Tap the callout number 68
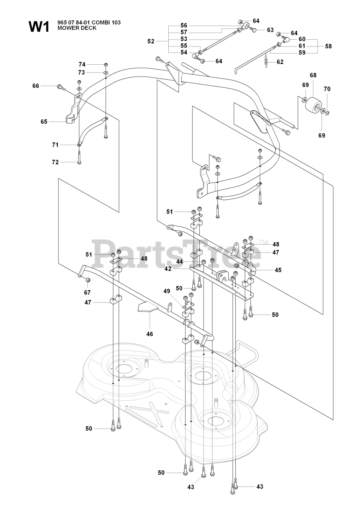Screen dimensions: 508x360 (313, 75)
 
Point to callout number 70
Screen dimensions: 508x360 (327, 89)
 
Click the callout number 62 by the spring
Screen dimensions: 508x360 (281, 62)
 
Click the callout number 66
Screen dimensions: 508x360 (36, 86)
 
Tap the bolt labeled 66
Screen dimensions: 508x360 (60, 87)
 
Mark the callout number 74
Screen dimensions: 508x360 (82, 64)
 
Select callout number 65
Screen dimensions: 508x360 (44, 122)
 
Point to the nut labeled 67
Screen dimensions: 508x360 (88, 281)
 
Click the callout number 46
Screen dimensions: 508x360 (150, 334)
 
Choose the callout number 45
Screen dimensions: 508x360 (278, 270)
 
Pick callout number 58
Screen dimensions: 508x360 (328, 46)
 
